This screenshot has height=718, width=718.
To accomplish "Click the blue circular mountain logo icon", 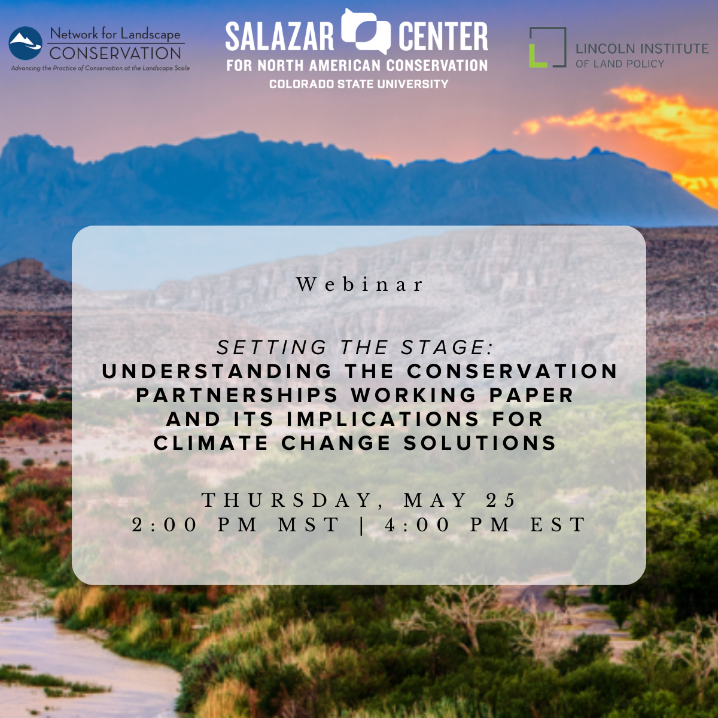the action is [25, 43].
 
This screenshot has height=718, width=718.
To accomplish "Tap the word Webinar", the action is [360, 285].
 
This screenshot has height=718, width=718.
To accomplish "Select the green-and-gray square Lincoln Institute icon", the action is [547, 47].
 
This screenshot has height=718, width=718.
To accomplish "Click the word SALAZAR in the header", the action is [279, 36].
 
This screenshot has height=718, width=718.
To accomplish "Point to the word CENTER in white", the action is [443, 36].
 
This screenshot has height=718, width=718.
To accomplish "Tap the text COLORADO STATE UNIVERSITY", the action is [359, 84].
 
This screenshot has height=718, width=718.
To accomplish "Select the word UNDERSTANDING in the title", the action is [217, 371].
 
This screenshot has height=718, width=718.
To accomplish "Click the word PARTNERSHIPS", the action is [237, 395].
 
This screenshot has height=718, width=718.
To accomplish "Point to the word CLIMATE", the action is [211, 443].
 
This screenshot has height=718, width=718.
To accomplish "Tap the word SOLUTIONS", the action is [480, 443].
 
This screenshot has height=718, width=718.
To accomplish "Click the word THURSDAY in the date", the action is [287, 500].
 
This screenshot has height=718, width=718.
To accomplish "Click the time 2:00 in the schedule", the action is [165, 525].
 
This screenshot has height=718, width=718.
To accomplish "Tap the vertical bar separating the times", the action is [362, 525].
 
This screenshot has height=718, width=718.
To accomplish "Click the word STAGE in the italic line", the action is [447, 347].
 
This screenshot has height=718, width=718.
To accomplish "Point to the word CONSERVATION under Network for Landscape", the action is [115, 53].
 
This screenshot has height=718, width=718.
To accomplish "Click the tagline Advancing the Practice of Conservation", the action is [101, 68].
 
